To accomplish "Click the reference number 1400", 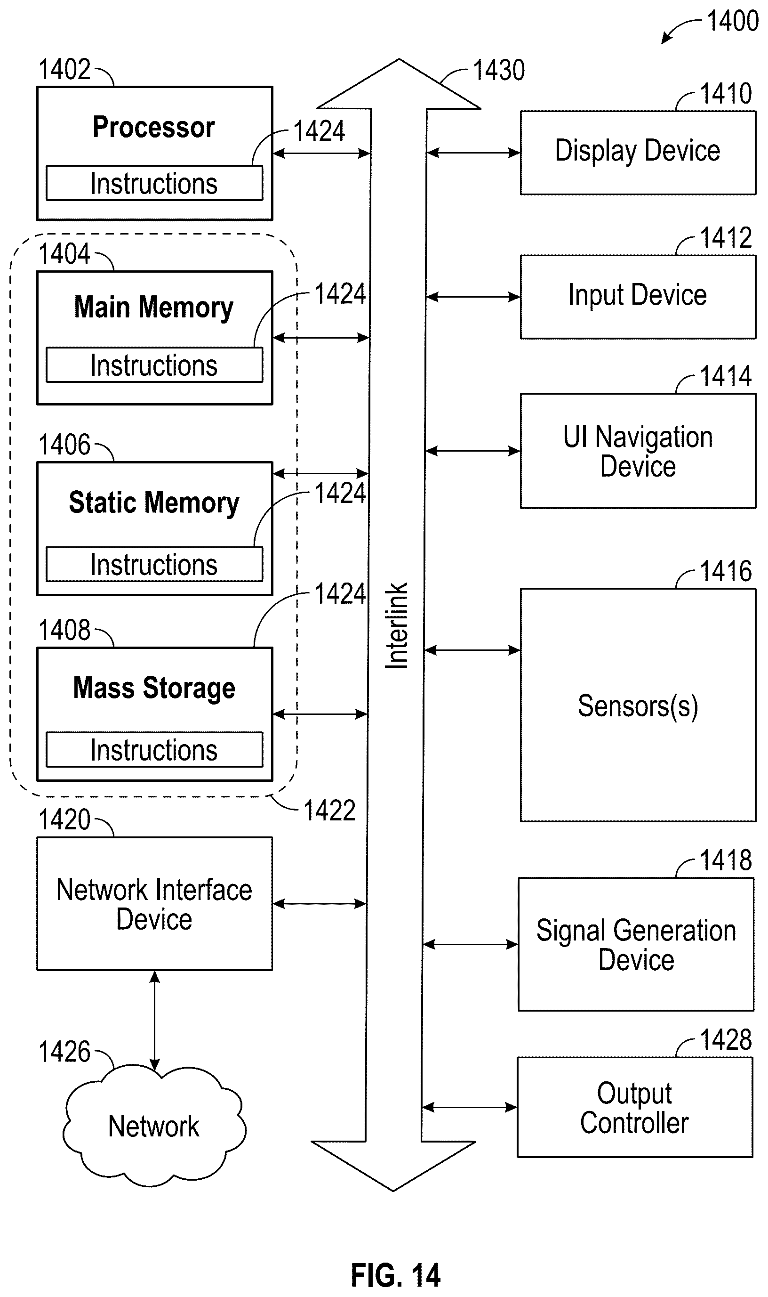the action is point(732,21).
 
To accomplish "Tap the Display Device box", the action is point(638,153).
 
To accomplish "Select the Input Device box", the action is point(638,297).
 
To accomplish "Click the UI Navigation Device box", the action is point(638,451).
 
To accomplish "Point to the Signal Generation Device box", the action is point(636,944).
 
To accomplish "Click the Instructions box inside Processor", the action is point(154,183).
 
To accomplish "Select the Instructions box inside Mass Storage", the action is point(154,750).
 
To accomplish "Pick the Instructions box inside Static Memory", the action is point(154,564).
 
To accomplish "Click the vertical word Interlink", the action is point(397,625).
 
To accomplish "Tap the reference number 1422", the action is point(329,811).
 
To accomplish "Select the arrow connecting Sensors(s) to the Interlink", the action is point(472,650).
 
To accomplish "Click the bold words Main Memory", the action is point(154,308).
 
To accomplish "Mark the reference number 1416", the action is point(726,572).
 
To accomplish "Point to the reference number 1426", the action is point(64,1052).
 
